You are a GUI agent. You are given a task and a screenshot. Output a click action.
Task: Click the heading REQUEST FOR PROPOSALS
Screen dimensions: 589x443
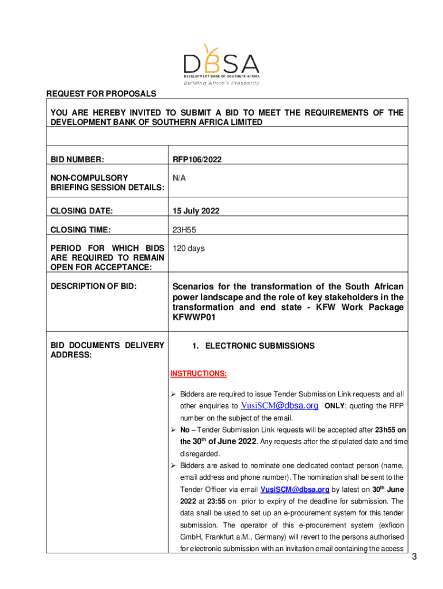[x=101, y=94]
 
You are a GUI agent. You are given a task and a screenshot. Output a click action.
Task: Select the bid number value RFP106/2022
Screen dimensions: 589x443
[x=197, y=159]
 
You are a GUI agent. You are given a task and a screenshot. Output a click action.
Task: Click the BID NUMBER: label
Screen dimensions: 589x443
[x=78, y=159]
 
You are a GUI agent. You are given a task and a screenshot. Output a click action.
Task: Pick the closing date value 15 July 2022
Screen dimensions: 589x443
[x=196, y=211]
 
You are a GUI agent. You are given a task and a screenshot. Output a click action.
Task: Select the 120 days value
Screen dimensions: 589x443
[x=189, y=248]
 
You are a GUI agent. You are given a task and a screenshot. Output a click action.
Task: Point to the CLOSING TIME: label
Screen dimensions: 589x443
[x=81, y=230]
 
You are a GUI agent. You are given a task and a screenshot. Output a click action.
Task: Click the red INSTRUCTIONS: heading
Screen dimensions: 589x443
[x=198, y=374]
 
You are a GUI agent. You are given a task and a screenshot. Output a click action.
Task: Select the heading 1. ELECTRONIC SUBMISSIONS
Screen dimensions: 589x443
[x=253, y=346]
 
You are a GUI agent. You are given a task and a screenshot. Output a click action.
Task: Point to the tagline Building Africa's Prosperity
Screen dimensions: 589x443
[x=221, y=83]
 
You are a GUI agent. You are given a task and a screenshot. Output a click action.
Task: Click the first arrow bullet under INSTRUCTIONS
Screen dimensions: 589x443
[x=173, y=394]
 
